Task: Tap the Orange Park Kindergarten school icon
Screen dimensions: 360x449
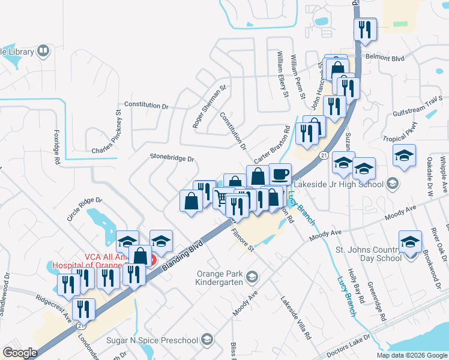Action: click(x=252, y=277)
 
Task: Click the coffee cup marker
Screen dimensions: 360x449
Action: click(x=280, y=175)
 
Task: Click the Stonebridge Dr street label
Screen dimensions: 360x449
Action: click(x=172, y=159)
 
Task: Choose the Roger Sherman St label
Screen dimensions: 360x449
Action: click(x=208, y=106)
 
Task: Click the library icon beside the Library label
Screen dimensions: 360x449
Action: click(x=43, y=51)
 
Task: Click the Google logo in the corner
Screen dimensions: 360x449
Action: click(x=19, y=353)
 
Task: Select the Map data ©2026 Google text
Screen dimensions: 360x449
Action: click(x=412, y=355)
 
